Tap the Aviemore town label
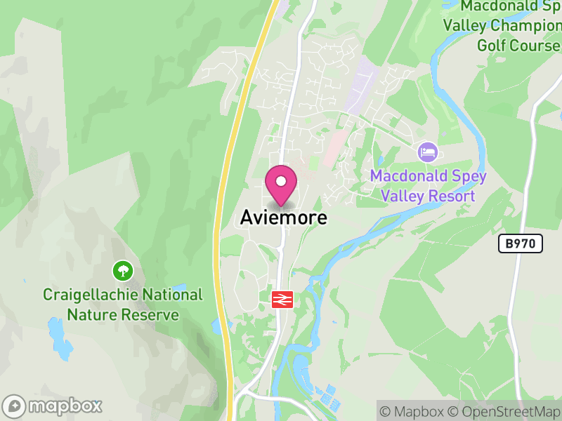(x=284, y=218)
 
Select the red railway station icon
(x=282, y=300)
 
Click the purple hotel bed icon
(x=427, y=151)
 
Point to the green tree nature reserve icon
(x=123, y=270)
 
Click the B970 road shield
(x=520, y=243)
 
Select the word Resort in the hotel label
(x=452, y=196)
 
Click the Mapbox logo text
(x=65, y=406)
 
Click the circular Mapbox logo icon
(x=15, y=406)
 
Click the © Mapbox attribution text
(x=414, y=411)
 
